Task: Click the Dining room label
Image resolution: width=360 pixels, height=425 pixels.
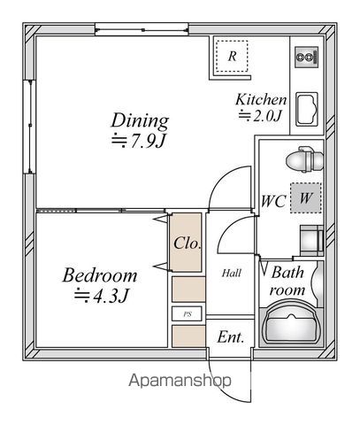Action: pyautogui.click(x=140, y=120)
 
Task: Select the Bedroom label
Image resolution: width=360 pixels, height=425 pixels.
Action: pyautogui.click(x=99, y=274)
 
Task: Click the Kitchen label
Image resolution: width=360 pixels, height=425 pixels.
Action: pyautogui.click(x=261, y=99)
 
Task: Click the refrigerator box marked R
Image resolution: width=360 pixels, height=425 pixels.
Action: pyautogui.click(x=232, y=56)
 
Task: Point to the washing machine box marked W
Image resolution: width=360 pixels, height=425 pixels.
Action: pyautogui.click(x=304, y=198)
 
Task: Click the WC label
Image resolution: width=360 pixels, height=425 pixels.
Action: pyautogui.click(x=272, y=200)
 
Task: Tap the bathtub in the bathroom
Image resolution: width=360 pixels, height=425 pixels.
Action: pyautogui.click(x=289, y=323)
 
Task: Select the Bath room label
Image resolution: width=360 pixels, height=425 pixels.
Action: pyautogui.click(x=287, y=281)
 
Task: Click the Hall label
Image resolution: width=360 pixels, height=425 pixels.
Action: pyautogui.click(x=232, y=273)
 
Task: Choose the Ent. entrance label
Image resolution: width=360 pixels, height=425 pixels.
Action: pyautogui.click(x=232, y=337)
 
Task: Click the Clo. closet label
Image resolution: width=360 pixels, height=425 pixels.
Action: pyautogui.click(x=186, y=242)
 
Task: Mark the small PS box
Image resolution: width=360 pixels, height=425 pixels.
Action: pyautogui.click(x=187, y=313)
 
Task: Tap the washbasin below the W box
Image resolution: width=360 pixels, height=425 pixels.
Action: pyautogui.click(x=310, y=238)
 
